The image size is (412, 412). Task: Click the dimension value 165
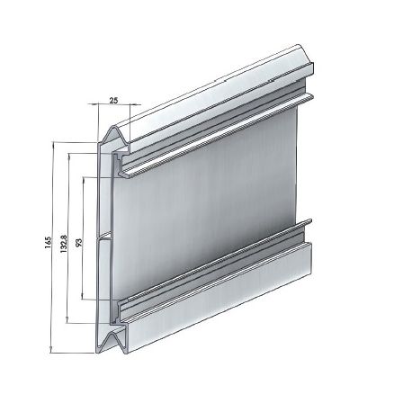coord(47,245)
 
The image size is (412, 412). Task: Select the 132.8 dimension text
coord(63,244)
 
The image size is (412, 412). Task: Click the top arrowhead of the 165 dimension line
coord(55,144)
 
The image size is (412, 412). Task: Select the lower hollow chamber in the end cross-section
coord(106,274)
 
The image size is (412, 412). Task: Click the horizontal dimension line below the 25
coord(115,105)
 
